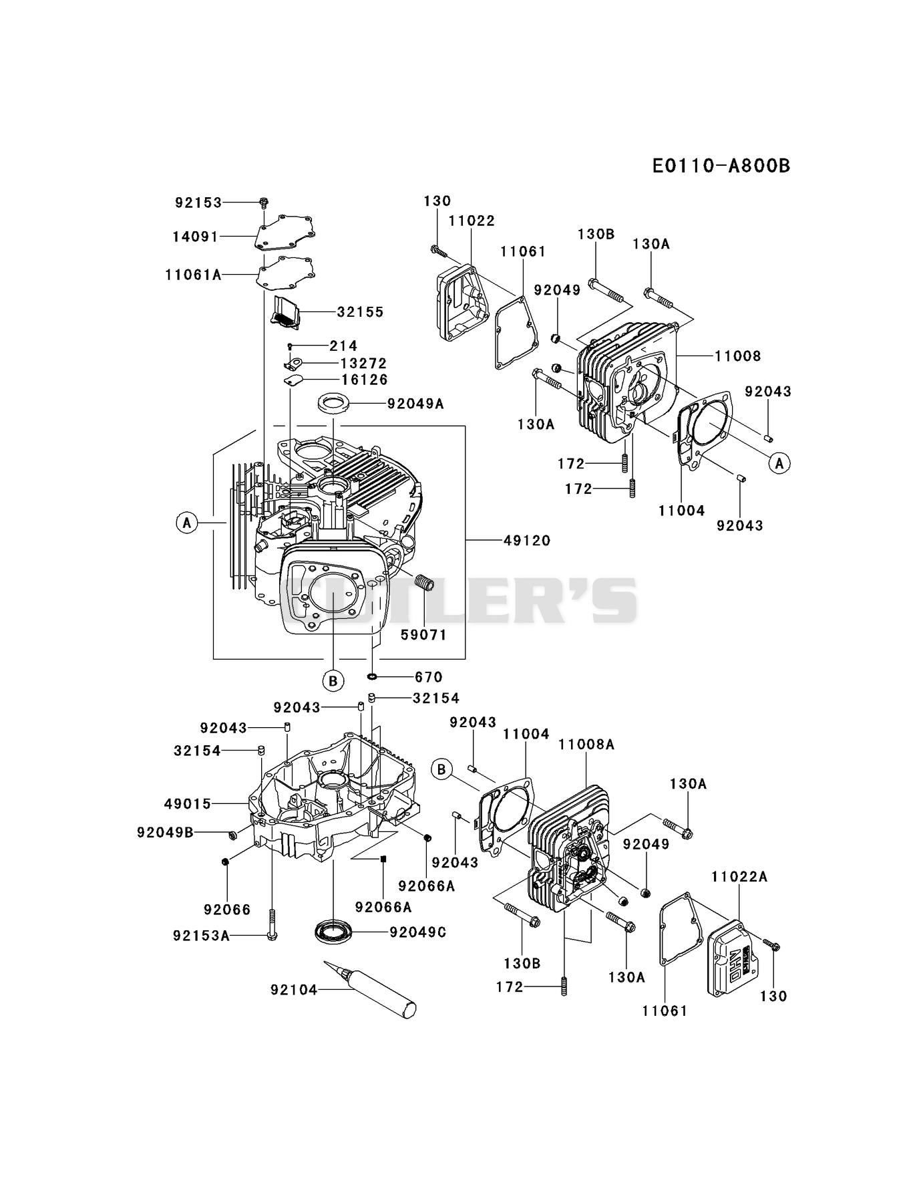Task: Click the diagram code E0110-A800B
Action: click(721, 166)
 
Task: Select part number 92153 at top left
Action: click(198, 202)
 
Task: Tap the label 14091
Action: click(195, 236)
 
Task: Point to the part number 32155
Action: click(361, 311)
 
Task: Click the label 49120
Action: click(527, 540)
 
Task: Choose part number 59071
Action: click(423, 634)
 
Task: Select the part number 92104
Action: click(294, 989)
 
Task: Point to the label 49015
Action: click(188, 803)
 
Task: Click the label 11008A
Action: click(586, 745)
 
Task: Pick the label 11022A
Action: click(739, 876)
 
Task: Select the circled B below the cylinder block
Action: click(333, 681)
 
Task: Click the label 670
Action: click(428, 677)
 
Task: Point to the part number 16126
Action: click(364, 380)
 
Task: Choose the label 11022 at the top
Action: click(472, 221)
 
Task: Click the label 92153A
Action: click(201, 936)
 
